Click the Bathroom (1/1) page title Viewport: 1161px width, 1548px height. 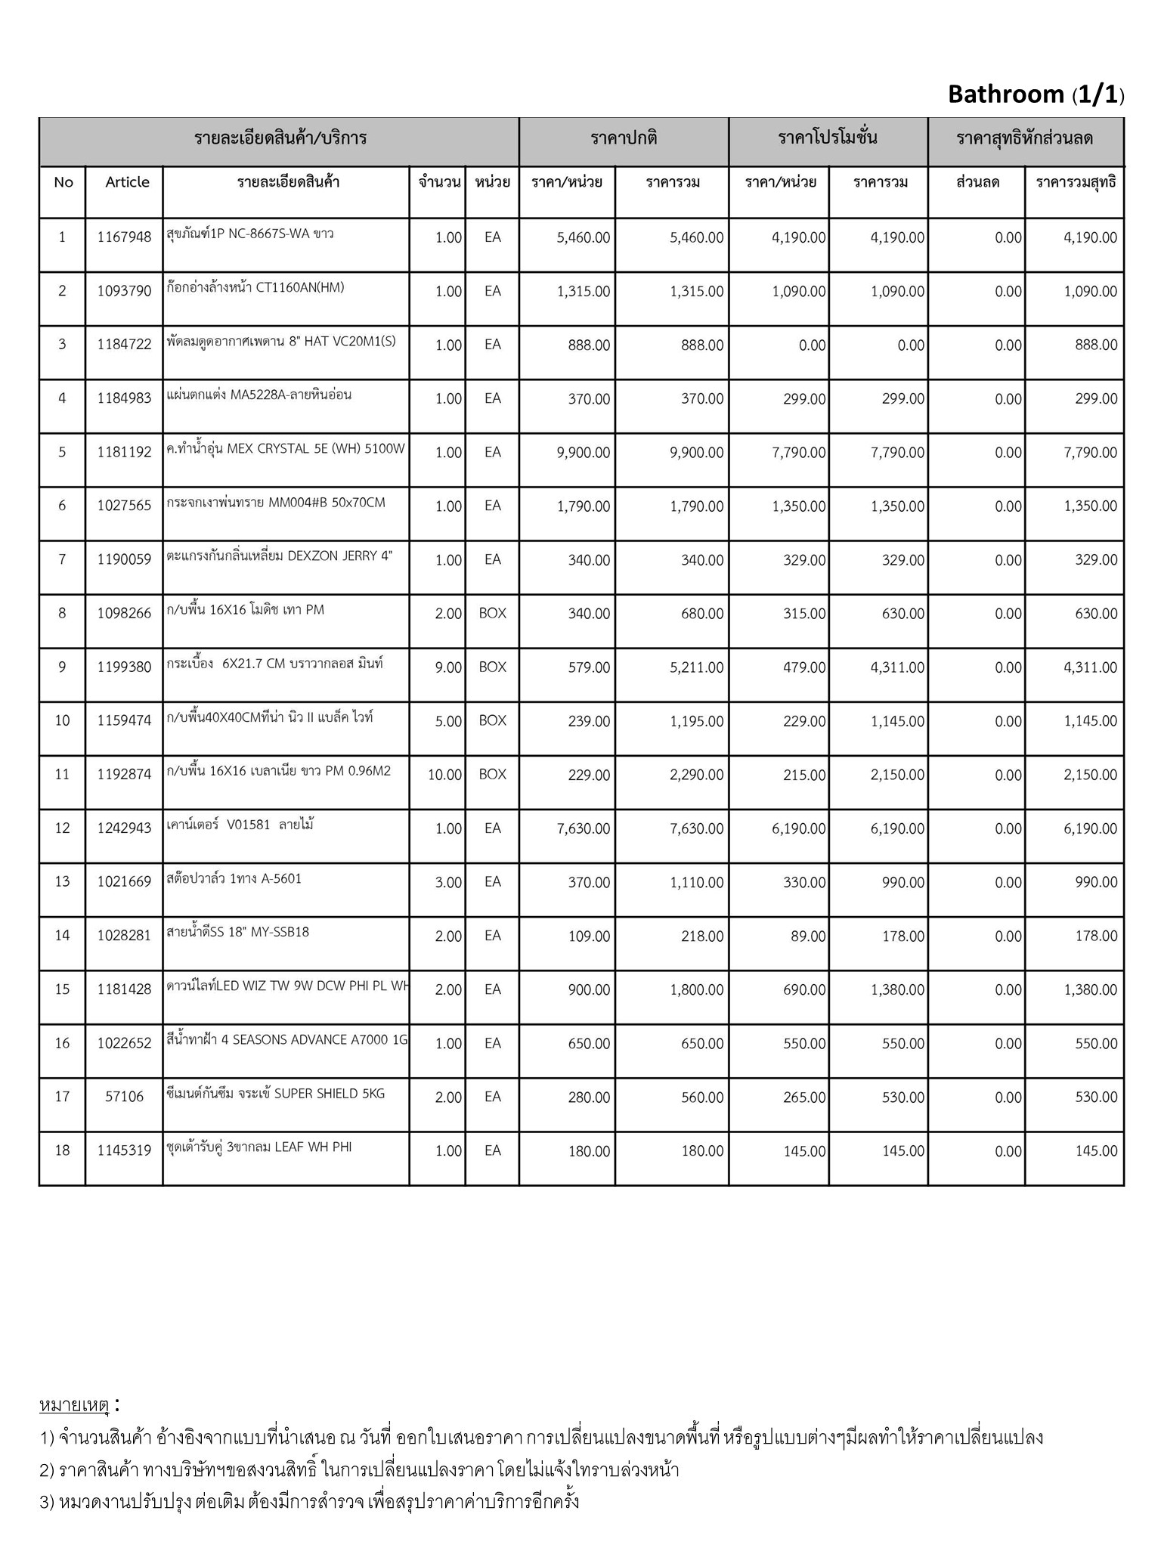click(x=1036, y=94)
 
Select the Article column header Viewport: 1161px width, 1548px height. click(x=127, y=182)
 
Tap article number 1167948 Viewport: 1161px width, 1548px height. click(x=124, y=237)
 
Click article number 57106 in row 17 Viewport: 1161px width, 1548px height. click(x=124, y=1097)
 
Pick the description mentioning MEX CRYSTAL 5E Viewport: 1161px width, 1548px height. click(x=286, y=449)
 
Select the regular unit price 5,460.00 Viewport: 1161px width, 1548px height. click(x=583, y=237)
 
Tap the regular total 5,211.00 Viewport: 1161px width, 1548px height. click(x=696, y=667)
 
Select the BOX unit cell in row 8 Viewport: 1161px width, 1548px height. click(x=492, y=614)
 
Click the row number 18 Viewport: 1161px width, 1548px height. click(x=62, y=1150)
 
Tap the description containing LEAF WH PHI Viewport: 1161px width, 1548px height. click(x=259, y=1147)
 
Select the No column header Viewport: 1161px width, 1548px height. click(x=63, y=182)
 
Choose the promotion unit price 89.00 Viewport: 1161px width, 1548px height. click(x=808, y=936)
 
